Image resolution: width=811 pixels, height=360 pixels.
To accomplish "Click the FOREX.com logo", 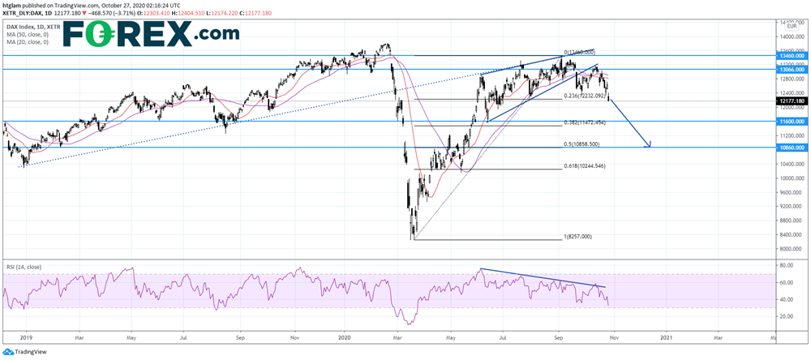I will [x=151, y=34].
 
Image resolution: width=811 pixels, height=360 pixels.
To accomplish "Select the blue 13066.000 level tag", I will [x=789, y=70].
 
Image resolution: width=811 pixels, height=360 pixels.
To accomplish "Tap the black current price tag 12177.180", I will [x=789, y=101].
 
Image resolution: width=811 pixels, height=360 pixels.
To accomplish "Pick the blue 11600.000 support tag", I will [x=789, y=122].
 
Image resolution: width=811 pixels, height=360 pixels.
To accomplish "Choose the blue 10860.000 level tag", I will [x=789, y=148].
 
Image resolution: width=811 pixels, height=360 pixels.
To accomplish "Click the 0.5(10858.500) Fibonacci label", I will [x=582, y=144].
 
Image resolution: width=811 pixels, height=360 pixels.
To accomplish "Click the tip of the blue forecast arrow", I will [x=650, y=146].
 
